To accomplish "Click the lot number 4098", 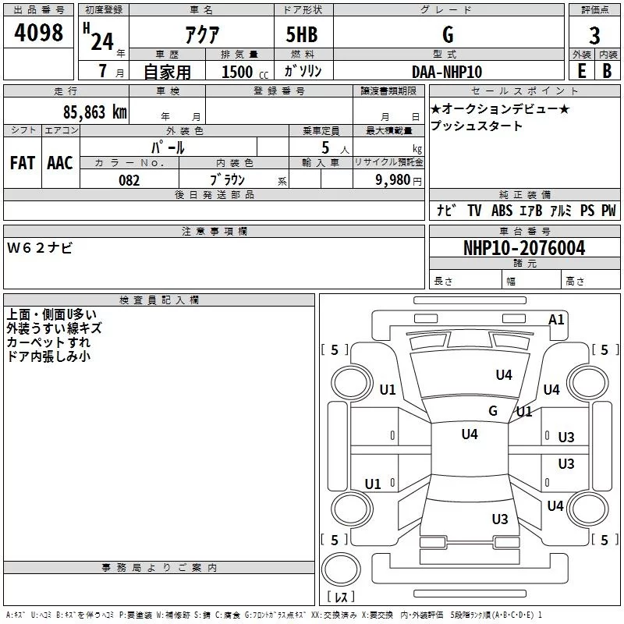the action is tap(38, 32).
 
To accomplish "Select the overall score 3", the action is tap(594, 35).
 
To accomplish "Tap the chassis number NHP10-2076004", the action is tap(524, 248).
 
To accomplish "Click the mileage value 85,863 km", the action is tap(94, 112).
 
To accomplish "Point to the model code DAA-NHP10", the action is tap(447, 72).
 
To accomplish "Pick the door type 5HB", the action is tap(302, 34).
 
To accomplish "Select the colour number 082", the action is tap(129, 180).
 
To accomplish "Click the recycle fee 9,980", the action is tap(393, 180).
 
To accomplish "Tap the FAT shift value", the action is tap(23, 163).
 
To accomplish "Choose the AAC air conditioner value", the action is tap(60, 163).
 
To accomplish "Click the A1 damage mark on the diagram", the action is tap(556, 320).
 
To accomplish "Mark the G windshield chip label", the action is tap(493, 410).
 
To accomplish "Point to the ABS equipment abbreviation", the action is tap(502, 210).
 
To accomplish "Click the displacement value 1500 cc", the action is tap(245, 72).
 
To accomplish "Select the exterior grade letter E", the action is tap(581, 71).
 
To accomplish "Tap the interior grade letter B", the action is tap(607, 71).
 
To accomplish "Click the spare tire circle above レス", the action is tap(341, 569).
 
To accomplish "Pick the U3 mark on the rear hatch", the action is tap(500, 519).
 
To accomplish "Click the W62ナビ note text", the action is tap(40, 248).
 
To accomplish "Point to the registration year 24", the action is tap(102, 41).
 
